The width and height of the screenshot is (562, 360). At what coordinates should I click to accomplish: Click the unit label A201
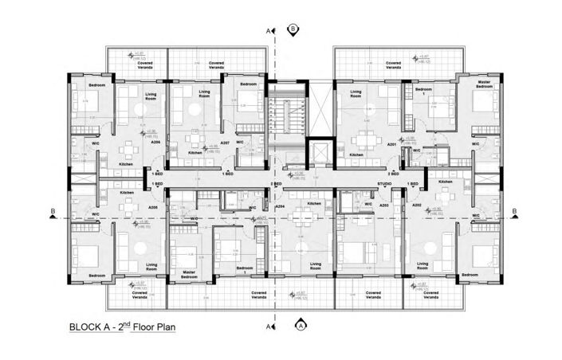tap(391, 146)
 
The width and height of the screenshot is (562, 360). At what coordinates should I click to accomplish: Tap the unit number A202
tap(415, 205)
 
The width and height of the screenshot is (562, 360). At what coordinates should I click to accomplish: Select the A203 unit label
tap(383, 205)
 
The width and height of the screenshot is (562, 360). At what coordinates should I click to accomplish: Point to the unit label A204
tap(280, 205)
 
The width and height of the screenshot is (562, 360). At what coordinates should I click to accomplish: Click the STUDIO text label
tap(385, 184)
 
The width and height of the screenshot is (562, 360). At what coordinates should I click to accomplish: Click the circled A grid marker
tap(301, 324)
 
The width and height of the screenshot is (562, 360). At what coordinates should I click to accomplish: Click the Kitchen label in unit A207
tap(195, 153)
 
